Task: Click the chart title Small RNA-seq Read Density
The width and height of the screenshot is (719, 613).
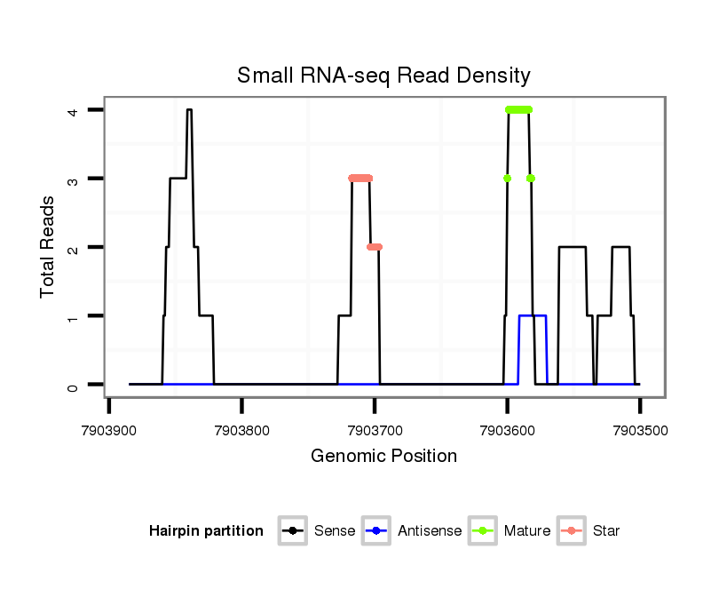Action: [383, 76]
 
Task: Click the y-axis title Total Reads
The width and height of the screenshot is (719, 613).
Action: [49, 247]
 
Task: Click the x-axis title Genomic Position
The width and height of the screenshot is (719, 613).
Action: [383, 457]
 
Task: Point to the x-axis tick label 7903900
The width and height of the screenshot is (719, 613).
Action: [109, 429]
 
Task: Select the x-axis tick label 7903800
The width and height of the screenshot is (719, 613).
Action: [241, 429]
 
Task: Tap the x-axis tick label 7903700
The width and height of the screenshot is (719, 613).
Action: [375, 429]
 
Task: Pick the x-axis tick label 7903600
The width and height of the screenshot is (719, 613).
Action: [507, 429]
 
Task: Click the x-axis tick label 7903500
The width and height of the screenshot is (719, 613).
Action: [639, 429]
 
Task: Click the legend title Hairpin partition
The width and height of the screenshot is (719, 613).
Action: [206, 531]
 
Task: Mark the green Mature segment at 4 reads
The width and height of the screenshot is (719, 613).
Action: [518, 110]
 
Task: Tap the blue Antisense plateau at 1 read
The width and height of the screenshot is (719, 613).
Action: [533, 316]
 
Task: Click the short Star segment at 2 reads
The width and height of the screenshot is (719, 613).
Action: [375, 247]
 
